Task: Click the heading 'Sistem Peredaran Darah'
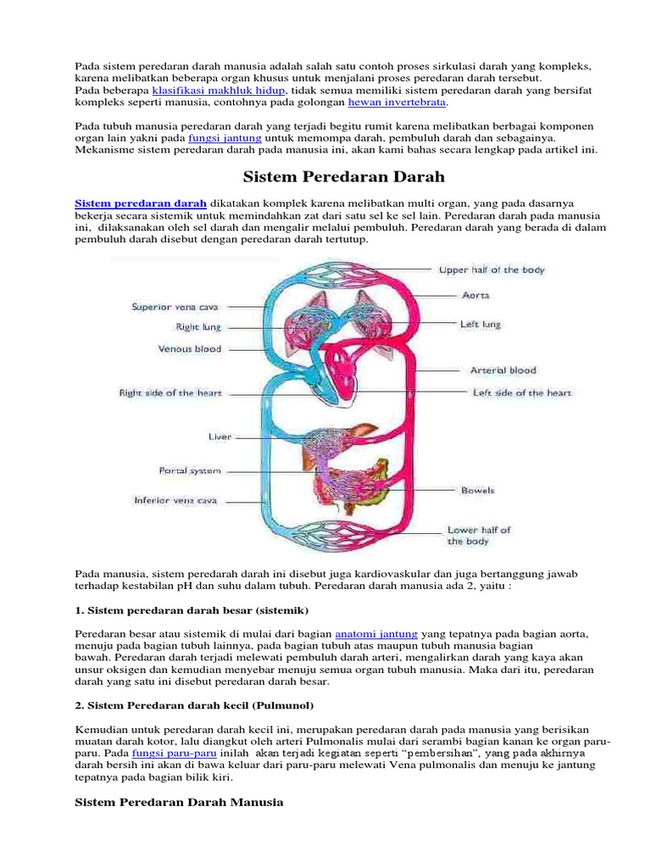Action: (x=344, y=177)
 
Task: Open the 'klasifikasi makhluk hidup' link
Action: (x=219, y=90)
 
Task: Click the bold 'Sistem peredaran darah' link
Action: (x=142, y=203)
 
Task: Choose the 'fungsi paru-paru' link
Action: (x=175, y=753)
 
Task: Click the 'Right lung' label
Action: (x=198, y=326)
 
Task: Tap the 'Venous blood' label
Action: (x=190, y=348)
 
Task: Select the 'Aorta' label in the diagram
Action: (x=475, y=295)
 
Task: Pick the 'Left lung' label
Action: (x=480, y=324)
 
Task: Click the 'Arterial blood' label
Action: (x=503, y=370)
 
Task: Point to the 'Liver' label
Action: (x=220, y=437)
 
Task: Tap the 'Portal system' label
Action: (x=190, y=470)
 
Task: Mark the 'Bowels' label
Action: (x=477, y=490)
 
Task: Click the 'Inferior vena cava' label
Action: (x=175, y=500)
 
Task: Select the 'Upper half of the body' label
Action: (x=491, y=270)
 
